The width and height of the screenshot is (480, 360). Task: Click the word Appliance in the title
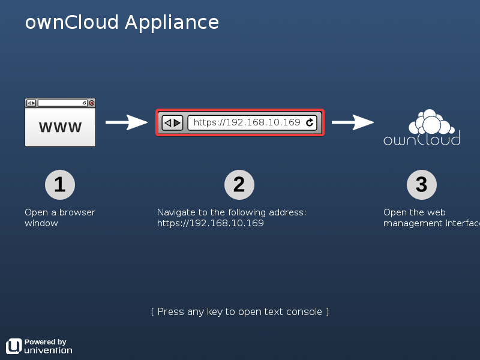click(x=172, y=23)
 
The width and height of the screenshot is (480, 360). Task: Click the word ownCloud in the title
click(x=72, y=23)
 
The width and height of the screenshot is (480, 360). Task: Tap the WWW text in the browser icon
click(x=60, y=127)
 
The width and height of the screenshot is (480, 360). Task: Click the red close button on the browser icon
click(x=92, y=103)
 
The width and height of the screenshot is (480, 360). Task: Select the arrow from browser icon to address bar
click(x=126, y=122)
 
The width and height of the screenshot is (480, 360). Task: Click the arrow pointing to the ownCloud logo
click(x=352, y=122)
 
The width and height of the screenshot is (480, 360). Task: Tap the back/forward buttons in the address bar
click(x=172, y=123)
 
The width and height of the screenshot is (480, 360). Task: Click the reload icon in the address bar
click(x=310, y=123)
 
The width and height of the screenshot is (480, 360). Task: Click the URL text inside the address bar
click(x=247, y=123)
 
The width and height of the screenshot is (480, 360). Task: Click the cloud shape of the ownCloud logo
click(x=430, y=122)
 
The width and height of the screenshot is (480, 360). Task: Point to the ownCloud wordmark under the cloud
click(x=422, y=140)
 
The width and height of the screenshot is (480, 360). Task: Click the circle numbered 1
click(x=60, y=185)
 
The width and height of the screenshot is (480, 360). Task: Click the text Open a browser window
click(x=60, y=218)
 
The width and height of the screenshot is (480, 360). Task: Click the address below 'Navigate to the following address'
click(x=211, y=223)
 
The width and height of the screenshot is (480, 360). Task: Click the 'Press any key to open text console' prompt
click(x=240, y=311)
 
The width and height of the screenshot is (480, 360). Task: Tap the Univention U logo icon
click(x=14, y=346)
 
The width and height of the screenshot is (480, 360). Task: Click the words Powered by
click(x=46, y=342)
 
